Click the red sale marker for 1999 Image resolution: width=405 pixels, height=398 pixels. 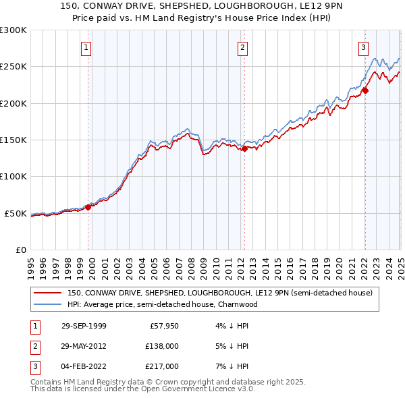[x=88, y=207]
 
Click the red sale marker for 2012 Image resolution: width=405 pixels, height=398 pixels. [x=244, y=149]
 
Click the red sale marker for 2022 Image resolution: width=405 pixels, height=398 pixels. [x=365, y=90]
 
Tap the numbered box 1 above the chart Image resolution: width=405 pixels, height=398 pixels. [x=88, y=47]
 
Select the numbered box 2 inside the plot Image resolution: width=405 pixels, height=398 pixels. [x=242, y=47]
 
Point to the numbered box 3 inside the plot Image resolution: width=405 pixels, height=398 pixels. [x=363, y=47]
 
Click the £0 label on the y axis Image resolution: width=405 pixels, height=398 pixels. [x=20, y=250]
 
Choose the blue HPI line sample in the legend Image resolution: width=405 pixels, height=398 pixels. [x=47, y=304]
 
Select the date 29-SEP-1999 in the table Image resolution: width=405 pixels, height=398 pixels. [x=84, y=326]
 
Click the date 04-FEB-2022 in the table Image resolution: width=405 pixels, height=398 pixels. [x=84, y=366]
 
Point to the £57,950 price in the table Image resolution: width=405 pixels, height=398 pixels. [x=163, y=326]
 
